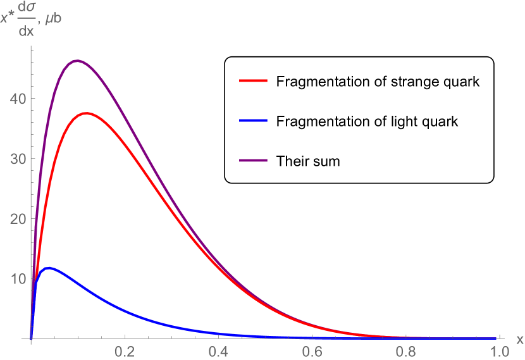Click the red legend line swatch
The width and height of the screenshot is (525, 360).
click(254, 81)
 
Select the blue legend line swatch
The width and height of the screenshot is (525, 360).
click(254, 120)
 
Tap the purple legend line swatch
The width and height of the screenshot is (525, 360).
click(254, 160)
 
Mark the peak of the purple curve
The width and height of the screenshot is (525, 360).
click(77, 61)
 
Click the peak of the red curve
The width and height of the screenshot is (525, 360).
click(87, 113)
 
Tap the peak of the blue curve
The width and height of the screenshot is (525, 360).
click(48, 268)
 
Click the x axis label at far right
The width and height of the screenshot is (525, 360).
click(519, 340)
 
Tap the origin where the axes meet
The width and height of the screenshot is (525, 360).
click(31, 338)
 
